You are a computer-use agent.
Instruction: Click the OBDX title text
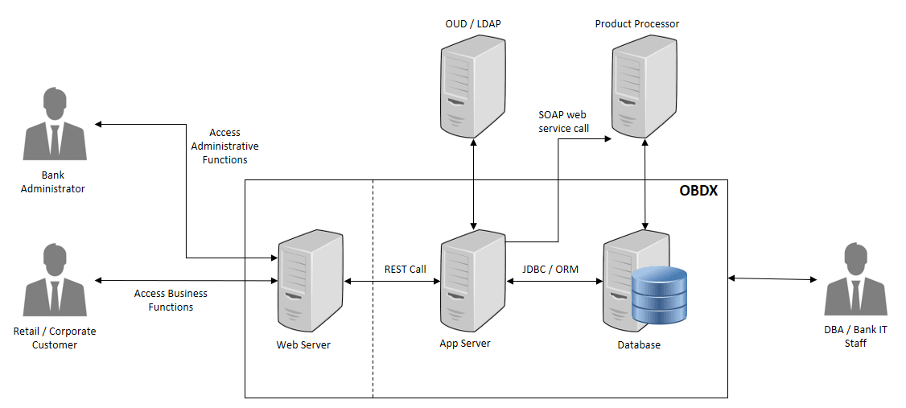[698, 192]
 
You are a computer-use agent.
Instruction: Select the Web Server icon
[308, 278]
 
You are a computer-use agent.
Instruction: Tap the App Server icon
[472, 278]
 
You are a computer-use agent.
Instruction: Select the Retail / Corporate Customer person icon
[54, 281]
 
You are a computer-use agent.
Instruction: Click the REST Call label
[406, 269]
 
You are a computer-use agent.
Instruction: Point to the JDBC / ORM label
[550, 269]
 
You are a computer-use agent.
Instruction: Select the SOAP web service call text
[563, 122]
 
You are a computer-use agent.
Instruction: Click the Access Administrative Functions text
[224, 146]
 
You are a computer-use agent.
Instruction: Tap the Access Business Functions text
[171, 300]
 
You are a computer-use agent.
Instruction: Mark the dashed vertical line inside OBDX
[373, 322]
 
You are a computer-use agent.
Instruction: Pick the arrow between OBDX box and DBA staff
[772, 279]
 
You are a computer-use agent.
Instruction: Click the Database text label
[639, 345]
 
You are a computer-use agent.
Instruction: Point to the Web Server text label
[303, 345]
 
